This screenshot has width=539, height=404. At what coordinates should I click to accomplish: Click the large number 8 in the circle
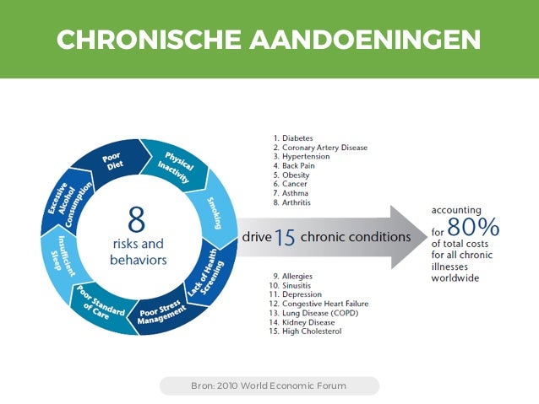(x=137, y=220)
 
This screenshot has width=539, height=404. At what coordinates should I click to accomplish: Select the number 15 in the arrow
(x=285, y=238)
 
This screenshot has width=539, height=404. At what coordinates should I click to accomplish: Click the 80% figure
(x=474, y=227)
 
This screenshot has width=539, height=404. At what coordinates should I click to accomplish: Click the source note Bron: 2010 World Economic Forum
(x=269, y=386)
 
